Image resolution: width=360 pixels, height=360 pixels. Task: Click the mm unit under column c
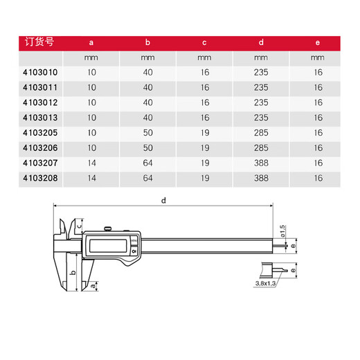tap(205, 57)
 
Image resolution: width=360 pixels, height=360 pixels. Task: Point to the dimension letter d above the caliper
tap(163, 200)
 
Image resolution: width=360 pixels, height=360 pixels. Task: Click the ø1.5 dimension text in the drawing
tap(282, 228)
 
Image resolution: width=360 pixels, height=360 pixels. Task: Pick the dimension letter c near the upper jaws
tap(80, 223)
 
